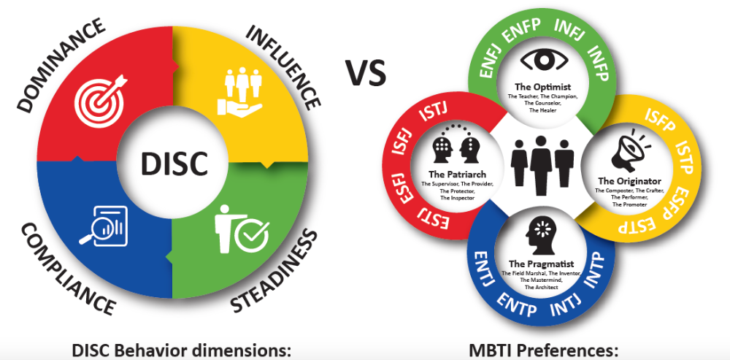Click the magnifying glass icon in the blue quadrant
[104, 223]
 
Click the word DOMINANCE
[58, 66]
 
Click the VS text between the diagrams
[365, 72]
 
